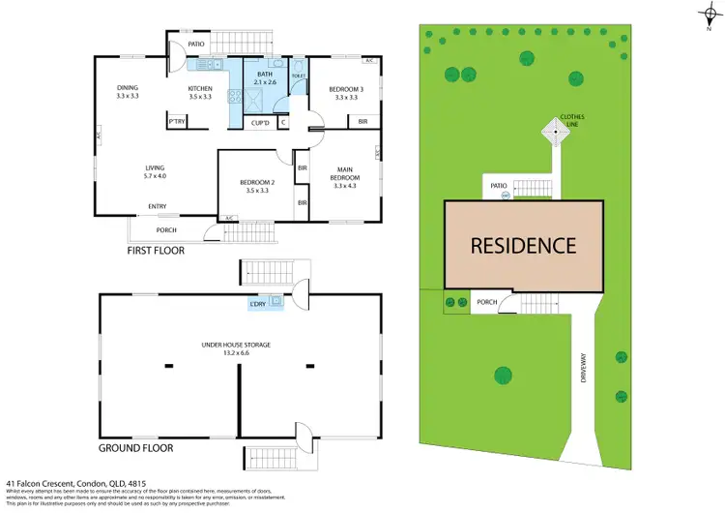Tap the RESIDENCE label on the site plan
coord(523,246)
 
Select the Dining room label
coord(128,93)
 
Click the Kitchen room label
coord(200,93)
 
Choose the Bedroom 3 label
coord(346,93)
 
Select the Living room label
coord(155,172)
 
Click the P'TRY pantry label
coord(176,122)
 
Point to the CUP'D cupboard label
coord(258,123)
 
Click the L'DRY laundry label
coord(258,304)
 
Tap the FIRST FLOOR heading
coord(156,250)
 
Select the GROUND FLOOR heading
coord(136,448)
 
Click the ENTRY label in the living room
coord(158,205)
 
